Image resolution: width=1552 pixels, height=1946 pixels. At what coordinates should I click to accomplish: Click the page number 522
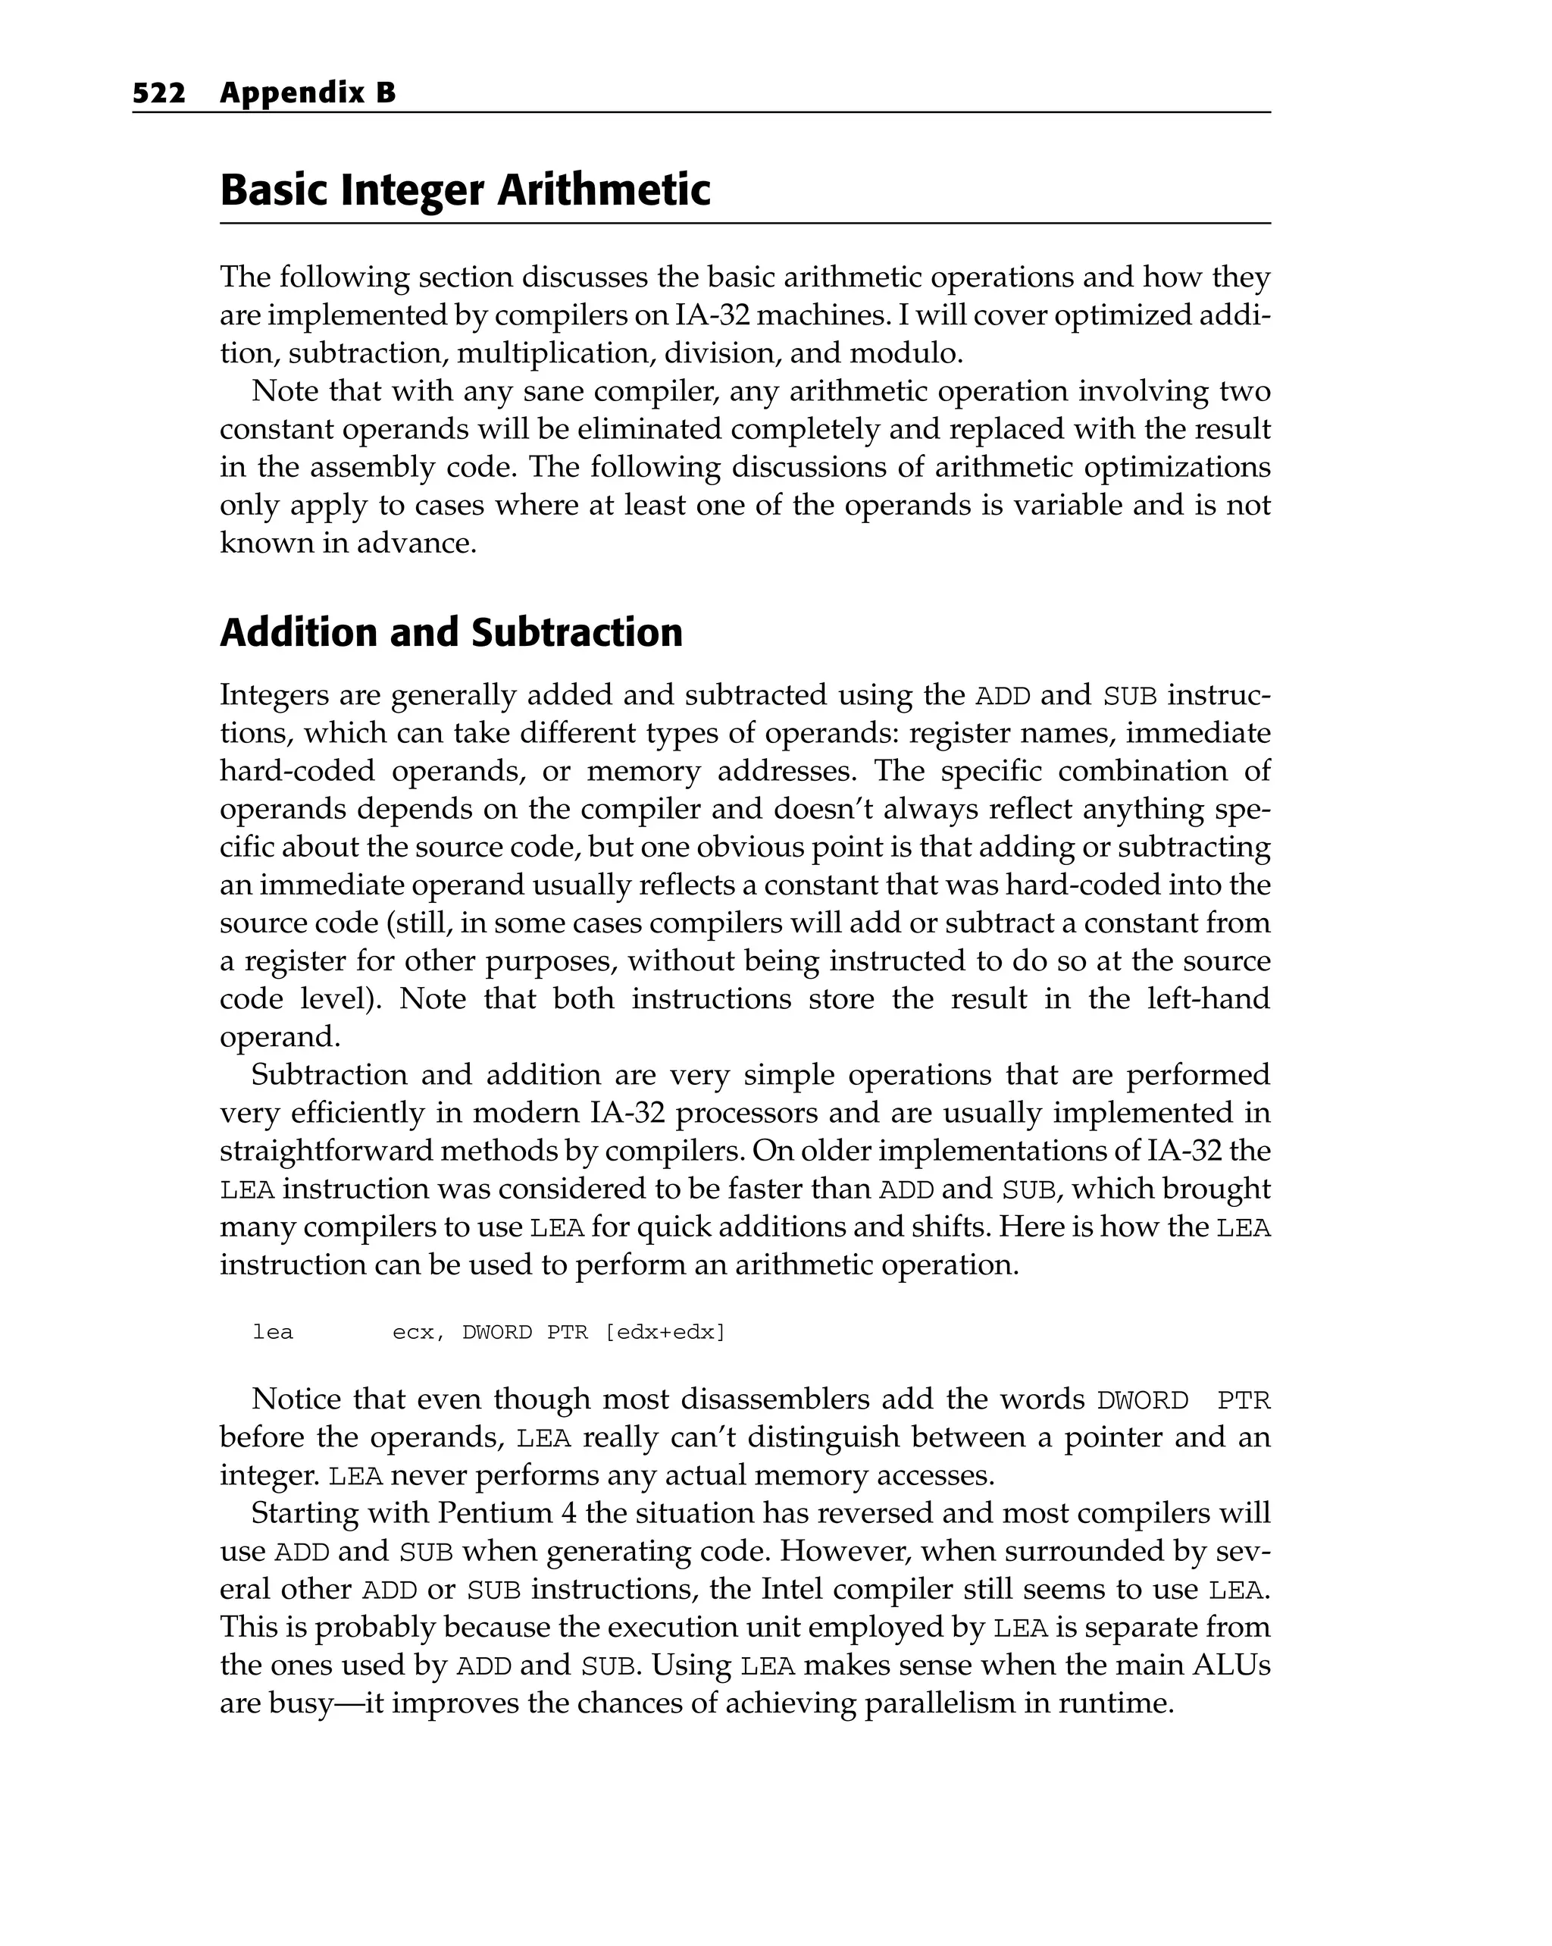[159, 93]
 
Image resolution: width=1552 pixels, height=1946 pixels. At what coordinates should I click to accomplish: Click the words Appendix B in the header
[308, 93]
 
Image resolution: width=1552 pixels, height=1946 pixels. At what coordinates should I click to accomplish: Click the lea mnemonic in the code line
[273, 1332]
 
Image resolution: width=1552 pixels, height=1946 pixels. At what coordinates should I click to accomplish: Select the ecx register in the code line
[412, 1332]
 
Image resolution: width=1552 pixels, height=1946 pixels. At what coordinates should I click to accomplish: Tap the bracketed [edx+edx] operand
[665, 1332]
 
